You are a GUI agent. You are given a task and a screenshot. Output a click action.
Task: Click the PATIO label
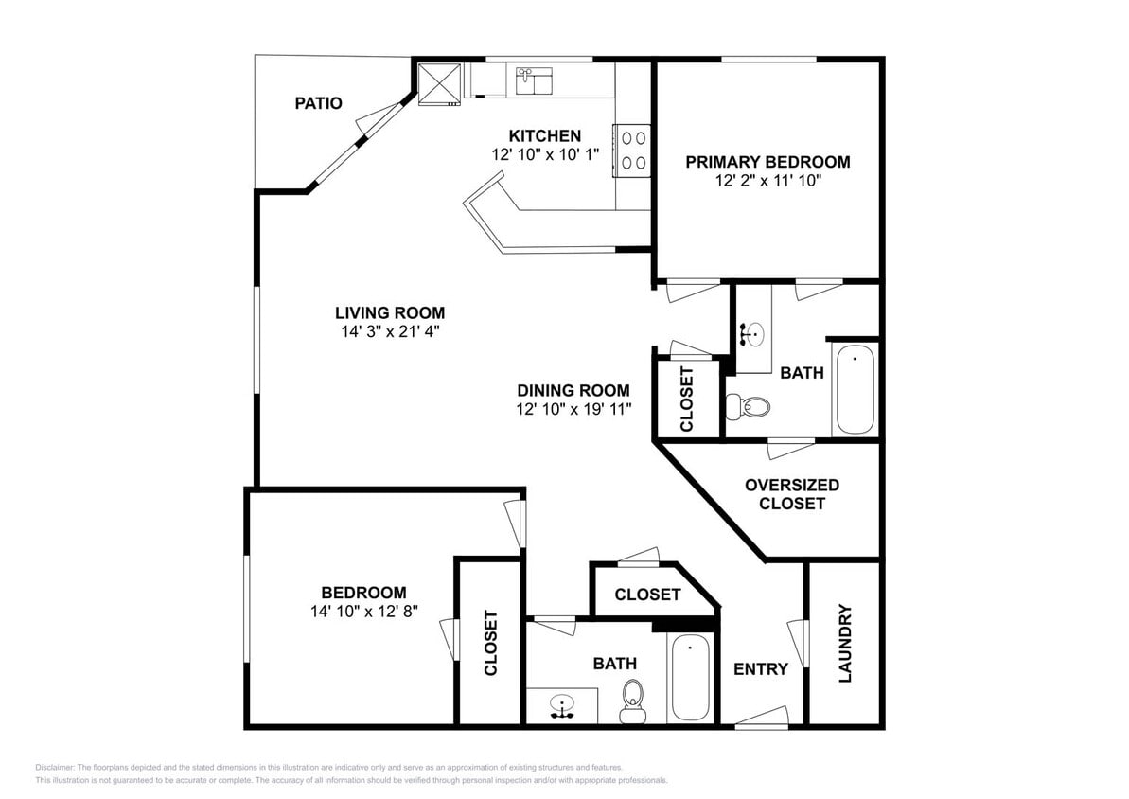pyautogui.click(x=318, y=103)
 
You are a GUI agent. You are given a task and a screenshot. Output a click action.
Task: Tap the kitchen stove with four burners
pyautogui.click(x=632, y=150)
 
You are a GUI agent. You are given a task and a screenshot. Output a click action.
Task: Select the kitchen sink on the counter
pyautogui.click(x=534, y=81)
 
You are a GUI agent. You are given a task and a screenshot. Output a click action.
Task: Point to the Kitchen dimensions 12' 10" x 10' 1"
pyautogui.click(x=545, y=154)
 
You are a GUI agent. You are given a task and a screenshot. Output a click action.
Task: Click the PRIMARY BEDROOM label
pyautogui.click(x=767, y=162)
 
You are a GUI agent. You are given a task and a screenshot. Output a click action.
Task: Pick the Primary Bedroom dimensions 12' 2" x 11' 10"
pyautogui.click(x=767, y=180)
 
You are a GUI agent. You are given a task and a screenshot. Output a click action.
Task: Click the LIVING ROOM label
pyautogui.click(x=389, y=312)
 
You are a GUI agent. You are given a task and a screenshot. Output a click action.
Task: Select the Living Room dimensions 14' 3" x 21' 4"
pyautogui.click(x=389, y=331)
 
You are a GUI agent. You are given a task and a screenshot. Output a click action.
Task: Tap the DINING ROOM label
pyautogui.click(x=573, y=390)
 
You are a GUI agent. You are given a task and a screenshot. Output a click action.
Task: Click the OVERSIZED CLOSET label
pyautogui.click(x=791, y=494)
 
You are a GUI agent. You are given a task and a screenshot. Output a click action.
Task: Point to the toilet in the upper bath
pyautogui.click(x=750, y=406)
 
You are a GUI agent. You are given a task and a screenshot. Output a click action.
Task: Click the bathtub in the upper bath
pyautogui.click(x=855, y=389)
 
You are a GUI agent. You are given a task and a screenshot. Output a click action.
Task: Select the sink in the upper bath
pyautogui.click(x=753, y=333)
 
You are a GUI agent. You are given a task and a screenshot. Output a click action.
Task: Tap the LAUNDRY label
pyautogui.click(x=845, y=643)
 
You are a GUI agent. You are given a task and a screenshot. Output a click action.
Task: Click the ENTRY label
pyautogui.click(x=760, y=669)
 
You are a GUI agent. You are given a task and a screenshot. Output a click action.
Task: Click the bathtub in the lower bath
pyautogui.click(x=690, y=677)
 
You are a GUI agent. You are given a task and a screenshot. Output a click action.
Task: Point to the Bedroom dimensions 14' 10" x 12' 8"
pyautogui.click(x=363, y=612)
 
